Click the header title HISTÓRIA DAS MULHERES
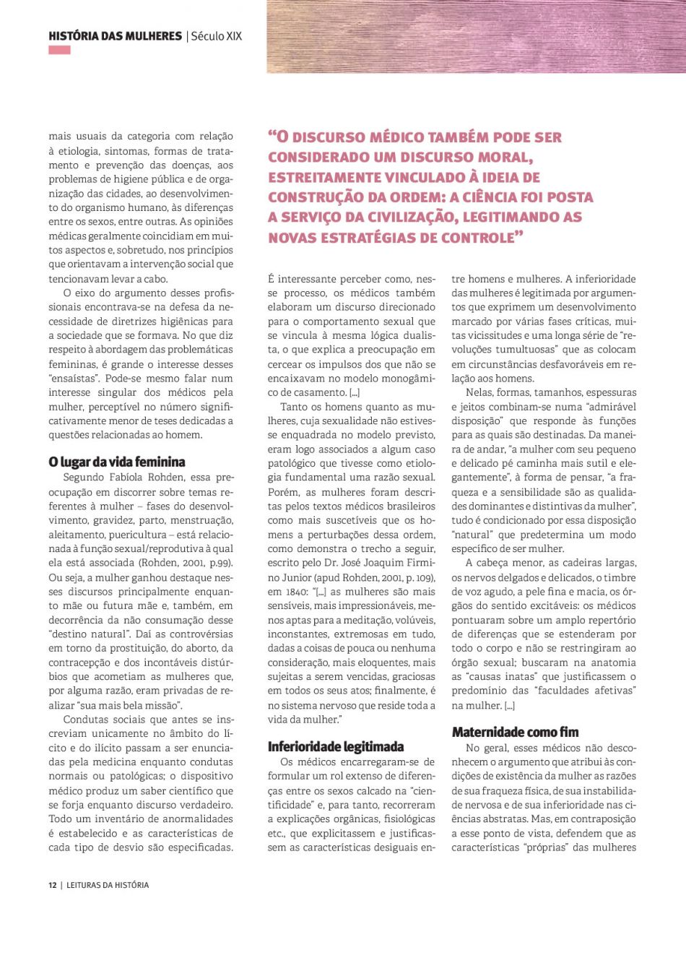coord(115,36)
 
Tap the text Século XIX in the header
coord(217,36)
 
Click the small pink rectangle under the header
coord(59,51)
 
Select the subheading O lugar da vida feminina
coord(117,462)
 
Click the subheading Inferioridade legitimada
coord(336,747)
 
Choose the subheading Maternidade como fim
coord(516,733)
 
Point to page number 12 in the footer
coord(53,885)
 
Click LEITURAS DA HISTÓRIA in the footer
coord(108,885)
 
